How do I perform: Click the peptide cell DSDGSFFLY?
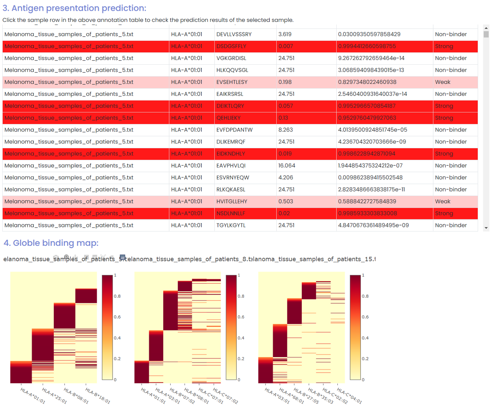[231, 46]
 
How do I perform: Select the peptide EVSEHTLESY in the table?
[232, 82]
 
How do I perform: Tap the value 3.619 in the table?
[285, 34]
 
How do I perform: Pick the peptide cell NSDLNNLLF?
[231, 213]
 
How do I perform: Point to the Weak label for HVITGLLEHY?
[442, 201]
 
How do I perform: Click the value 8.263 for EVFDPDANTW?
[286, 130]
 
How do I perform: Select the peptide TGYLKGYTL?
[231, 225]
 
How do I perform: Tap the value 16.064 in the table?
[287, 165]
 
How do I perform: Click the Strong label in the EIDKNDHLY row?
[444, 153]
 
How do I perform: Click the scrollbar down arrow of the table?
[486, 228]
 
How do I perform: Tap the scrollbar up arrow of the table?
[486, 28]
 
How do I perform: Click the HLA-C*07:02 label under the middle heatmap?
[226, 396]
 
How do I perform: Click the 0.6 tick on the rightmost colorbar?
[365, 317]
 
